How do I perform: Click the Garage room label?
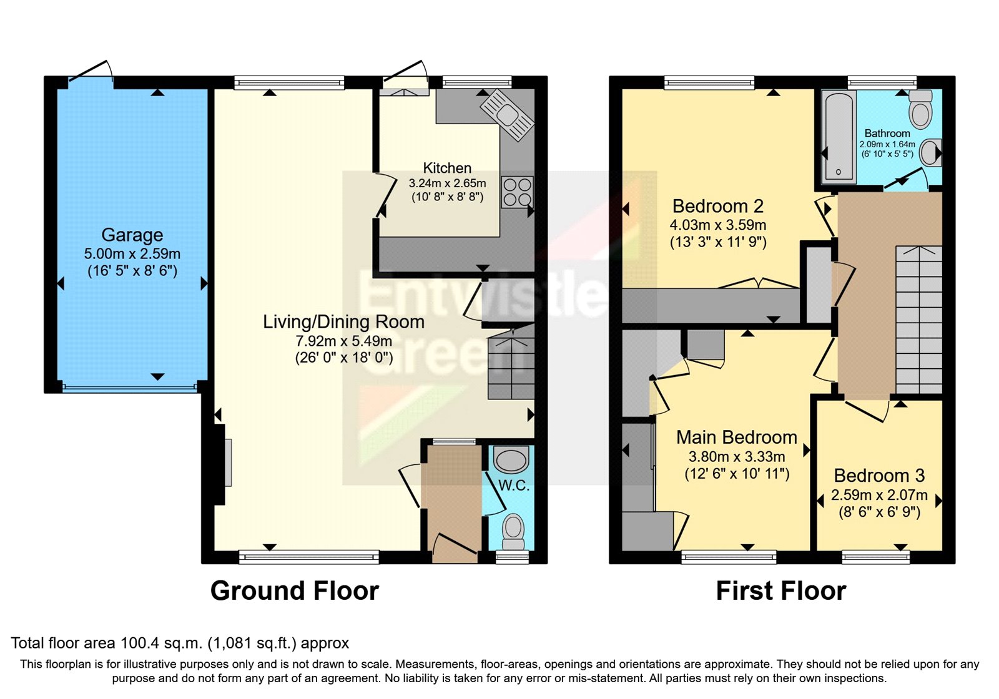point(132,235)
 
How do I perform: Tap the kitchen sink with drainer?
point(507,114)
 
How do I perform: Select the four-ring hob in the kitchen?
point(518,192)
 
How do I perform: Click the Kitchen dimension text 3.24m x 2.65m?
point(447,183)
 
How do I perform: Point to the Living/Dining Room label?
point(343,322)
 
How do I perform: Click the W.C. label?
point(513,486)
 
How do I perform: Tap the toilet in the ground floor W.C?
point(513,529)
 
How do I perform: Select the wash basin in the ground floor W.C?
point(511,461)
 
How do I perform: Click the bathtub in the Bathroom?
point(839,137)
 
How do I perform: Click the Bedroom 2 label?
point(718,206)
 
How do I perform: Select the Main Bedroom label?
point(737,437)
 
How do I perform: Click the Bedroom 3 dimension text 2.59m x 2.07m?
point(879,496)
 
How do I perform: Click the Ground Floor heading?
point(294,590)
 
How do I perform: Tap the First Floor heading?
point(780,590)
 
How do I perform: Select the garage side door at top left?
point(91,71)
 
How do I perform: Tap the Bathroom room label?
point(887,134)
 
